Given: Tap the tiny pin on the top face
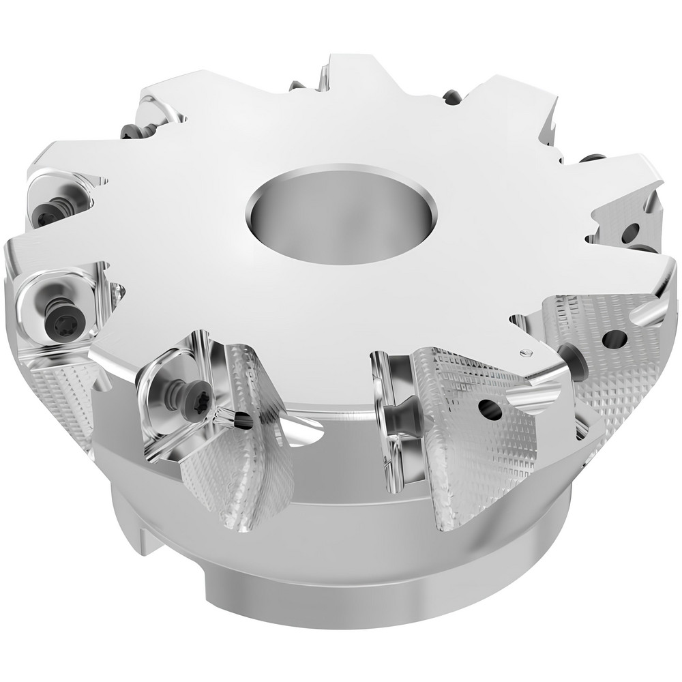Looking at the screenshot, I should [x=524, y=352].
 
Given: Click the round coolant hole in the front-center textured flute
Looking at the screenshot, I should [x=488, y=409].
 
